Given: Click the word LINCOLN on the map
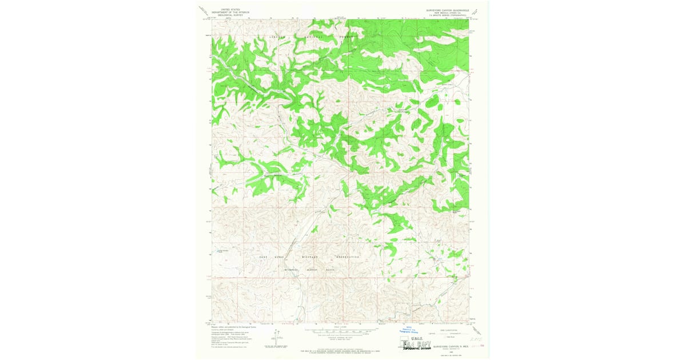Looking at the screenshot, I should tap(277, 36).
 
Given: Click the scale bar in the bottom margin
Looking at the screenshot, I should tap(341, 330).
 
